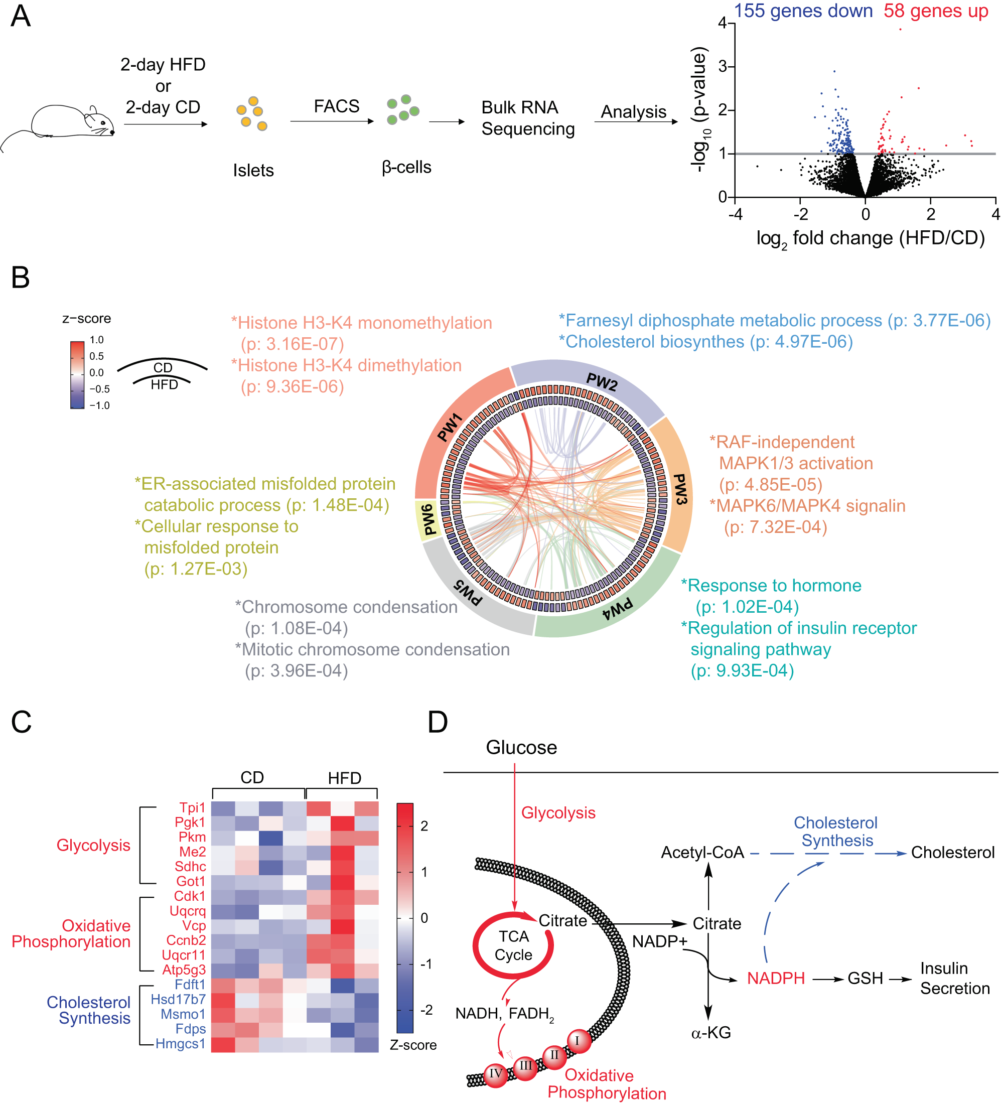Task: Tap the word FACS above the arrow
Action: pos(336,106)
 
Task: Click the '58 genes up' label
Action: pos(935,11)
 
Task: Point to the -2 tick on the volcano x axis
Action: pos(800,214)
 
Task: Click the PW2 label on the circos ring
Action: pos(602,381)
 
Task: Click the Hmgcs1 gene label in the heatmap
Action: pos(180,1044)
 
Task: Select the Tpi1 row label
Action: pos(192,808)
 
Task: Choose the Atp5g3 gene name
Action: pos(184,970)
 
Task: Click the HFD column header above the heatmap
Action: pos(344,778)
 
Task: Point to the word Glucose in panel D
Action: pos(521,748)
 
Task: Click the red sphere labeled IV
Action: pos(496,1073)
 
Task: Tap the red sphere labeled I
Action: pos(577,1041)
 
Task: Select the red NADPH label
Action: pos(776,979)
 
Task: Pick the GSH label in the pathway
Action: pos(865,979)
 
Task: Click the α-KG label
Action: pos(711,1033)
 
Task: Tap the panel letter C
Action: pos(22,722)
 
